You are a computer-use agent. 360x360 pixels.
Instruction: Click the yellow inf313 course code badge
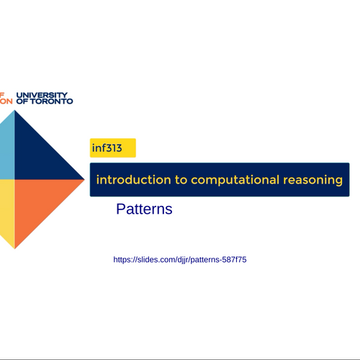[113, 148]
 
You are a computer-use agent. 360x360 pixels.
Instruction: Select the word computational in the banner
[235, 181]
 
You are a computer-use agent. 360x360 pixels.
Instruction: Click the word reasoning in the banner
[312, 181]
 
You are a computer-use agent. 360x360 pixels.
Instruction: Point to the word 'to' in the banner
[181, 180]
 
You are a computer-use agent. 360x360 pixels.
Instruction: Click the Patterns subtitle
[144, 209]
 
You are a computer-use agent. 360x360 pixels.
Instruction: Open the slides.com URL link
[180, 260]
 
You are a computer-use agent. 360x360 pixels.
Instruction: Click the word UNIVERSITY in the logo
[42, 95]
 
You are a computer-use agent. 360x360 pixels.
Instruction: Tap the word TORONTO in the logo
[51, 102]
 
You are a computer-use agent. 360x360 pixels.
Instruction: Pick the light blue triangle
[7, 149]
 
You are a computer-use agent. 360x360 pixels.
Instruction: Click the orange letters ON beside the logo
[6, 102]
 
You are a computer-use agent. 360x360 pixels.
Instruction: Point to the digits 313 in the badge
[114, 148]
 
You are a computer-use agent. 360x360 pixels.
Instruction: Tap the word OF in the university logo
[22, 102]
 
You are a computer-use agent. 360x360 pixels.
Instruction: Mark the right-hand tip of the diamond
[84, 179]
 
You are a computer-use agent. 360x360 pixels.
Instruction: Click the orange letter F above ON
[2, 95]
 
